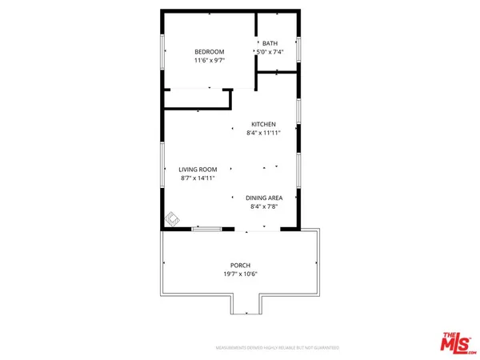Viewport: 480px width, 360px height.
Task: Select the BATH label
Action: (x=270, y=44)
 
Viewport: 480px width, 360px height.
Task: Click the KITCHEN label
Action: (x=263, y=124)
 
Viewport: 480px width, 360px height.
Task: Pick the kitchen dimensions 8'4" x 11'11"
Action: (x=263, y=134)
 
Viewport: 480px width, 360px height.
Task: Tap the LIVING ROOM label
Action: (x=198, y=170)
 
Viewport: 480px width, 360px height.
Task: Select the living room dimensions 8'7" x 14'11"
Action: (x=198, y=179)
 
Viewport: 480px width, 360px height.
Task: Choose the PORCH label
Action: (x=240, y=266)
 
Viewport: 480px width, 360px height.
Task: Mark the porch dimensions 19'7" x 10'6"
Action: (x=240, y=275)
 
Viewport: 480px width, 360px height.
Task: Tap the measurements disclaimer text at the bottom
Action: (x=278, y=348)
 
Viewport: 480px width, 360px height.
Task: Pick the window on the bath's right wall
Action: (x=299, y=49)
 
